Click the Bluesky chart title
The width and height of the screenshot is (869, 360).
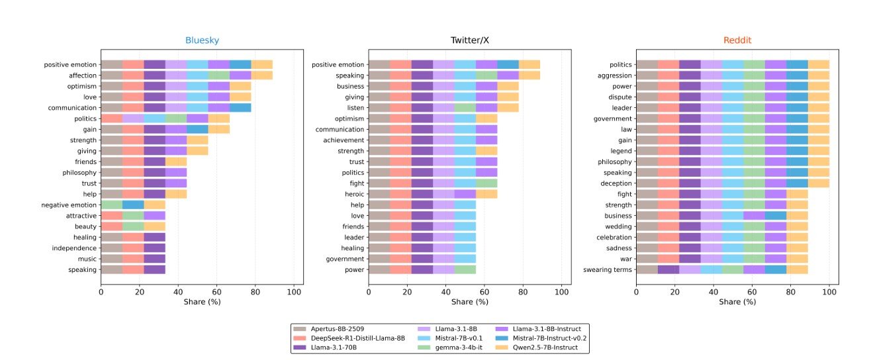tap(202, 40)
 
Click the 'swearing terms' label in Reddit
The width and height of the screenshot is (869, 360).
tap(607, 269)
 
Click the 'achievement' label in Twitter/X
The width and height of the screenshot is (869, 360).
tap(340, 140)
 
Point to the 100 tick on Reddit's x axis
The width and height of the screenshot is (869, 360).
tap(829, 290)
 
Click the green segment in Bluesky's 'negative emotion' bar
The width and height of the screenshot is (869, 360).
tap(111, 204)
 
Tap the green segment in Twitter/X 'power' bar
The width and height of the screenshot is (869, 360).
tap(465, 269)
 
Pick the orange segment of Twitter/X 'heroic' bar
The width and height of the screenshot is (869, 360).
tap(486, 194)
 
